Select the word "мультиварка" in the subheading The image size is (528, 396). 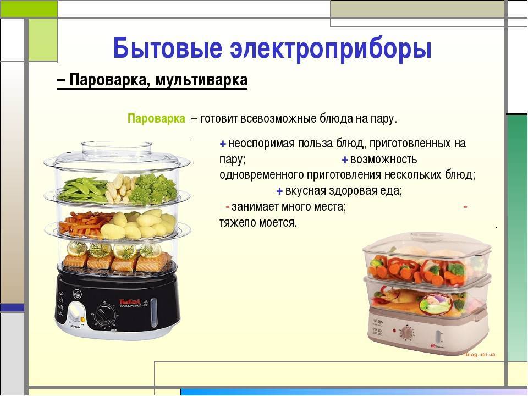(201, 80)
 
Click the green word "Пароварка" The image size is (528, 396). (156, 119)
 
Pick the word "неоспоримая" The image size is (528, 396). (261, 144)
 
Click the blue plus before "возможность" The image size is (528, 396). (344, 159)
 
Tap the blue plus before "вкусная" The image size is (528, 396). (279, 191)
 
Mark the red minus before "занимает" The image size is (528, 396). (228, 207)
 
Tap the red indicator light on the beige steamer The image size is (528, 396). (393, 331)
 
